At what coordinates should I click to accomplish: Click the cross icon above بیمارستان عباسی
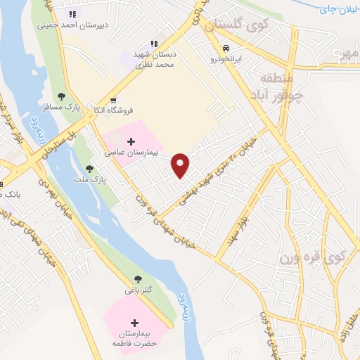tap(132, 141)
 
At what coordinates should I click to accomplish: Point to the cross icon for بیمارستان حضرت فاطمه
tap(134, 323)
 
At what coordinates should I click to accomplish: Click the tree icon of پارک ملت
tap(89, 169)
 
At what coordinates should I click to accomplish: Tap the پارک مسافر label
tap(62, 108)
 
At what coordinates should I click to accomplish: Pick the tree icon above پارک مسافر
tap(62, 96)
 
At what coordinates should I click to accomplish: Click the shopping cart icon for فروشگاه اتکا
tap(114, 100)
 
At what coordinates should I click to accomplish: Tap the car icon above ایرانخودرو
tap(226, 49)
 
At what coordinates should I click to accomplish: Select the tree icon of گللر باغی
tap(136, 279)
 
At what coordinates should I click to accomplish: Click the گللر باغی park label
tap(137, 290)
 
